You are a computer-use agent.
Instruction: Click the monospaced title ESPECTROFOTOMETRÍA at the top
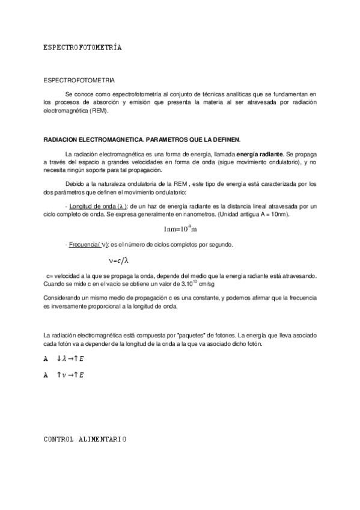tap(83, 47)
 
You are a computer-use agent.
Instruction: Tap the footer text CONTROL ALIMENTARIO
tap(85, 440)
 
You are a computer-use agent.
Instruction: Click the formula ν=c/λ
tap(119, 260)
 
